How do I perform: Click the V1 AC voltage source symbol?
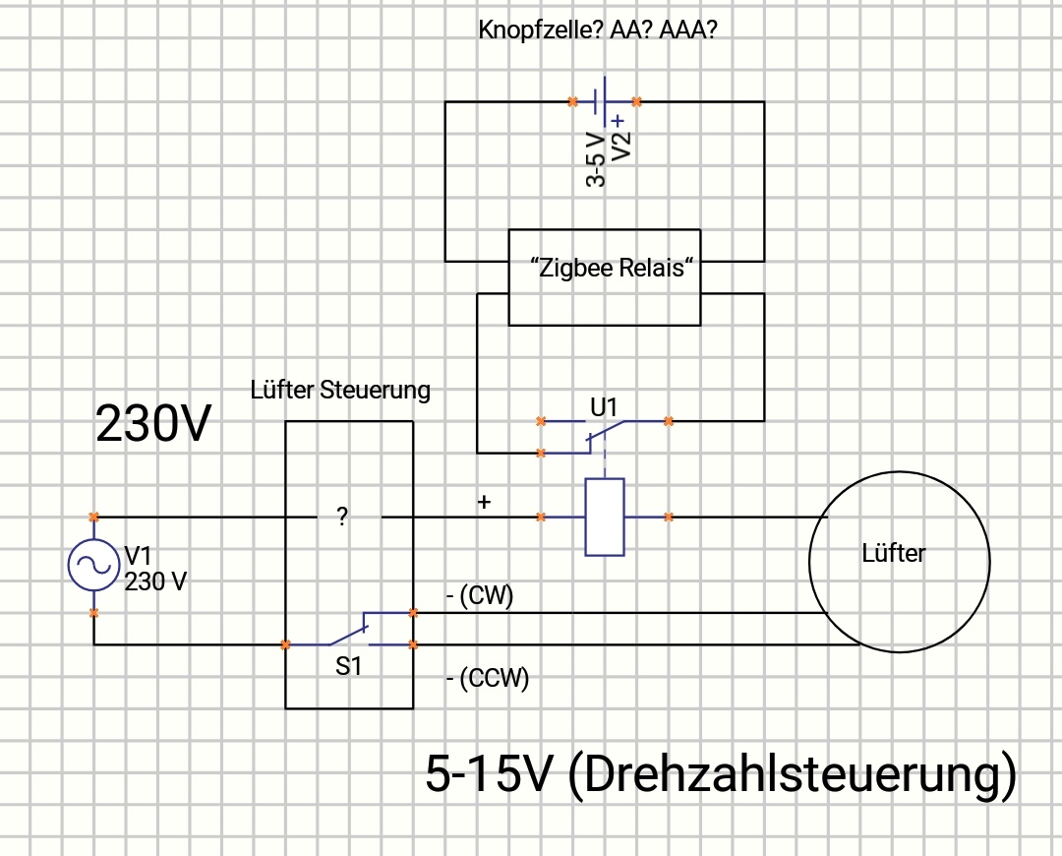pyautogui.click(x=93, y=565)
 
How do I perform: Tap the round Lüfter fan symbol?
pyautogui.click(x=899, y=561)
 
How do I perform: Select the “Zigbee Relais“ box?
pyautogui.click(x=605, y=277)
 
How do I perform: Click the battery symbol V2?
pyautogui.click(x=604, y=101)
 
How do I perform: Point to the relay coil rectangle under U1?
pyautogui.click(x=604, y=517)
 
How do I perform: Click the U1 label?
pyautogui.click(x=606, y=404)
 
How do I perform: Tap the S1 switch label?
pyautogui.click(x=349, y=666)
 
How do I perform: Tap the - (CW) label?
pyautogui.click(x=480, y=597)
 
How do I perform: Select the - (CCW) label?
pyautogui.click(x=488, y=678)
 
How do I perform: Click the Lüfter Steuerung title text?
pyautogui.click(x=340, y=391)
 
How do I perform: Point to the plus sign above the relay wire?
pyautogui.click(x=483, y=503)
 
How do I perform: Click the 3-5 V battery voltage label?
pyautogui.click(x=595, y=158)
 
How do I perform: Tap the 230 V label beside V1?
pyautogui.click(x=155, y=581)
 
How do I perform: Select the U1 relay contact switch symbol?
pyautogui.click(x=604, y=433)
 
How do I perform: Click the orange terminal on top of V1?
pyautogui.click(x=93, y=517)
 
